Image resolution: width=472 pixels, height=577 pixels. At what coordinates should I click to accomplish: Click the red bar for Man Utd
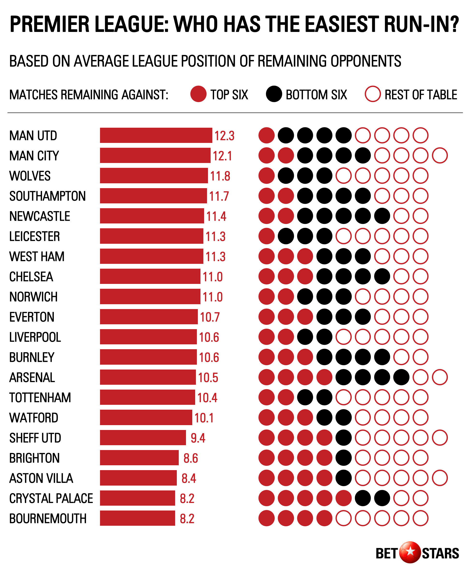coord(156,135)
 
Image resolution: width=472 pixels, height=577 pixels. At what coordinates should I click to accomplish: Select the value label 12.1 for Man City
coord(222,156)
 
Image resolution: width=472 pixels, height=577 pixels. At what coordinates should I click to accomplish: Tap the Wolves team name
coord(30,176)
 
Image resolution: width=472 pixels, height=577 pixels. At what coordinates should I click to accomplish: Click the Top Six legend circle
coord(198,94)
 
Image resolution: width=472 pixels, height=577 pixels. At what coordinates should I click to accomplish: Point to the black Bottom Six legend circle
coord(274,94)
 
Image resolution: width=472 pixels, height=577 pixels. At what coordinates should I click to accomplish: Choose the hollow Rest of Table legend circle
coord(372,94)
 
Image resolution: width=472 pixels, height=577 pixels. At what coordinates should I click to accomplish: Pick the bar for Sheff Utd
coord(143,438)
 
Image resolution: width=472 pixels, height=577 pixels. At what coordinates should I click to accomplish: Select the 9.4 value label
coord(198,438)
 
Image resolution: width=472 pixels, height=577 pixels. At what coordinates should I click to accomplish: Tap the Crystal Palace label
coord(51,498)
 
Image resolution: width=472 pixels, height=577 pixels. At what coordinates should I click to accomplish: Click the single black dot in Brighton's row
coord(343,458)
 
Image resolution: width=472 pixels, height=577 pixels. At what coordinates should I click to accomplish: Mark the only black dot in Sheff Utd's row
coord(343,438)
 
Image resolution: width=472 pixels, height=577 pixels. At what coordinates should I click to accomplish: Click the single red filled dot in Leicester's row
coord(266,236)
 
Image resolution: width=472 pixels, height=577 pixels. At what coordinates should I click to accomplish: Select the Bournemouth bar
coord(137,518)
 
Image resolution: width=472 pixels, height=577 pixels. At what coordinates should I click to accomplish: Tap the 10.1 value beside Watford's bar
coord(204,418)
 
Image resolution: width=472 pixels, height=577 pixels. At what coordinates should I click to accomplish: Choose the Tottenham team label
coord(40,398)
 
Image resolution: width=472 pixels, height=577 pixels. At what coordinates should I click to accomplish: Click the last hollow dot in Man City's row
coord(440,156)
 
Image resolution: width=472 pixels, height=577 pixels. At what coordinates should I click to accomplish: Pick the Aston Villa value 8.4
coord(189,478)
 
